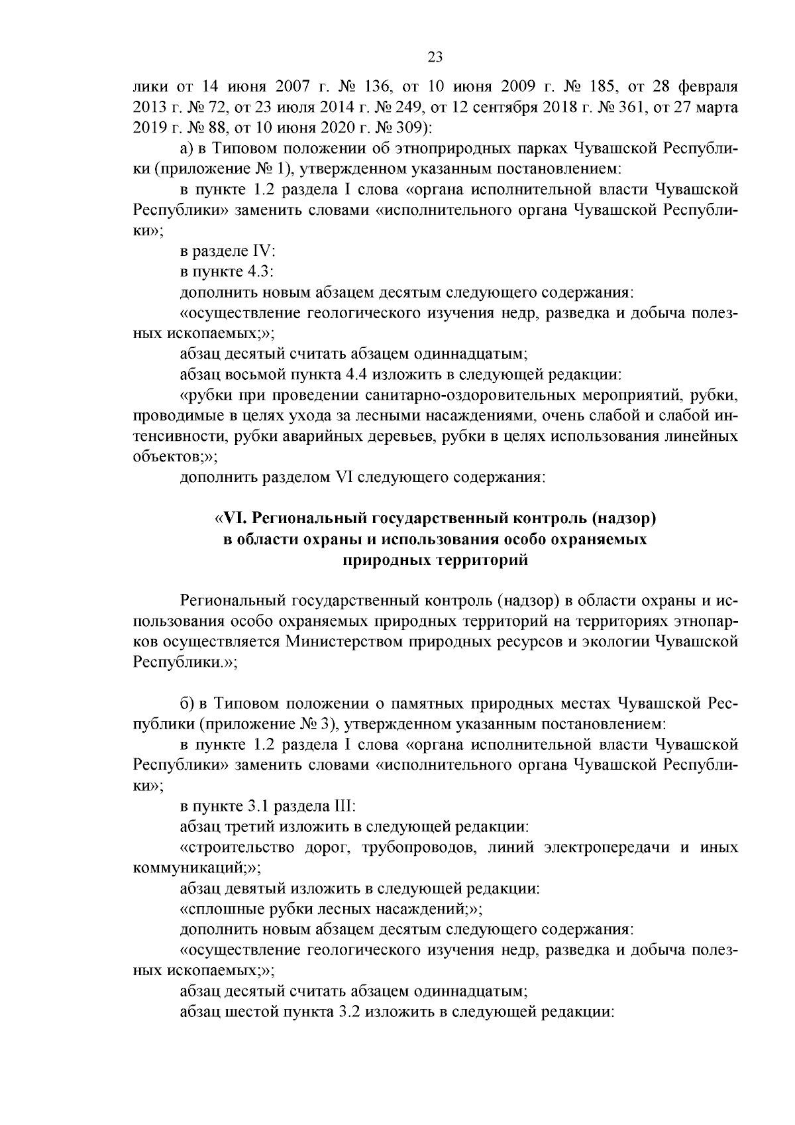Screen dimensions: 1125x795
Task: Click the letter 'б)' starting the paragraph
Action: (x=187, y=702)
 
